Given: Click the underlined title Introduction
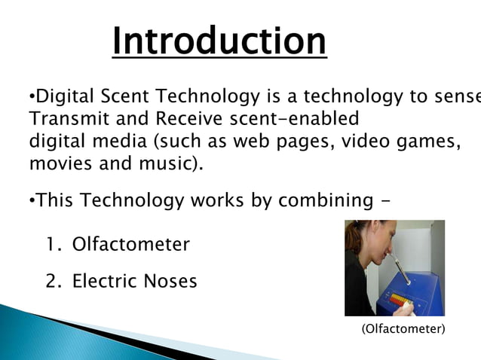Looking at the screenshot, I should [219, 41].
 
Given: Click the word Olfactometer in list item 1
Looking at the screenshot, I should [130, 245].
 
